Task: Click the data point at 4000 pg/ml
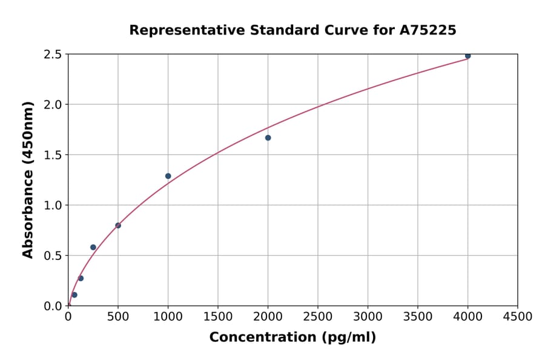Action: pyautogui.click(x=467, y=56)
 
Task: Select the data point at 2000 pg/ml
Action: pyautogui.click(x=268, y=138)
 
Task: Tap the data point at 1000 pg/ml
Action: pyautogui.click(x=168, y=176)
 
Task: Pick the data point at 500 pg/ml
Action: pyautogui.click(x=118, y=225)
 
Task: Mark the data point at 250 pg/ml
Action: pyautogui.click(x=93, y=247)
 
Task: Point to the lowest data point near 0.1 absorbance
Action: pyautogui.click(x=74, y=295)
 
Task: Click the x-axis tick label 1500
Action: pyautogui.click(x=218, y=316)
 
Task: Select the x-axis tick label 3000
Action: pyautogui.click(x=368, y=316)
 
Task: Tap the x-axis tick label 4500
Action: pyautogui.click(x=518, y=316)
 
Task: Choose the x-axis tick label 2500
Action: pyautogui.click(x=318, y=316)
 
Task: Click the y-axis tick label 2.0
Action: pyautogui.click(x=53, y=105)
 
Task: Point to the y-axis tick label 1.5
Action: pyautogui.click(x=53, y=155)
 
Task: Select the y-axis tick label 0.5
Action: pyautogui.click(x=53, y=256)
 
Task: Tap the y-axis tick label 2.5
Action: pyautogui.click(x=53, y=55)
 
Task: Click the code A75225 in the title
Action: pyautogui.click(x=429, y=30)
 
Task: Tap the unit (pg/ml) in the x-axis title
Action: pyautogui.click(x=348, y=338)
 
